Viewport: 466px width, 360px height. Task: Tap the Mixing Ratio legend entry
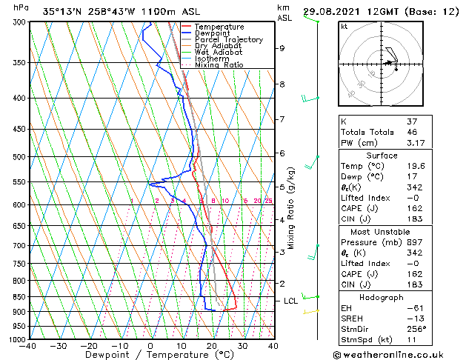[x=219, y=65]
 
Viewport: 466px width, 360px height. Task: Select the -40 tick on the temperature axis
[x=28, y=346]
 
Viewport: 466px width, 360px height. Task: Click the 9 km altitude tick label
[x=282, y=48]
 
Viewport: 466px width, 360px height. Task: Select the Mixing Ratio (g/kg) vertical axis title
[x=291, y=207]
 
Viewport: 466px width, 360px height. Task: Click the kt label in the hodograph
[x=344, y=27]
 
